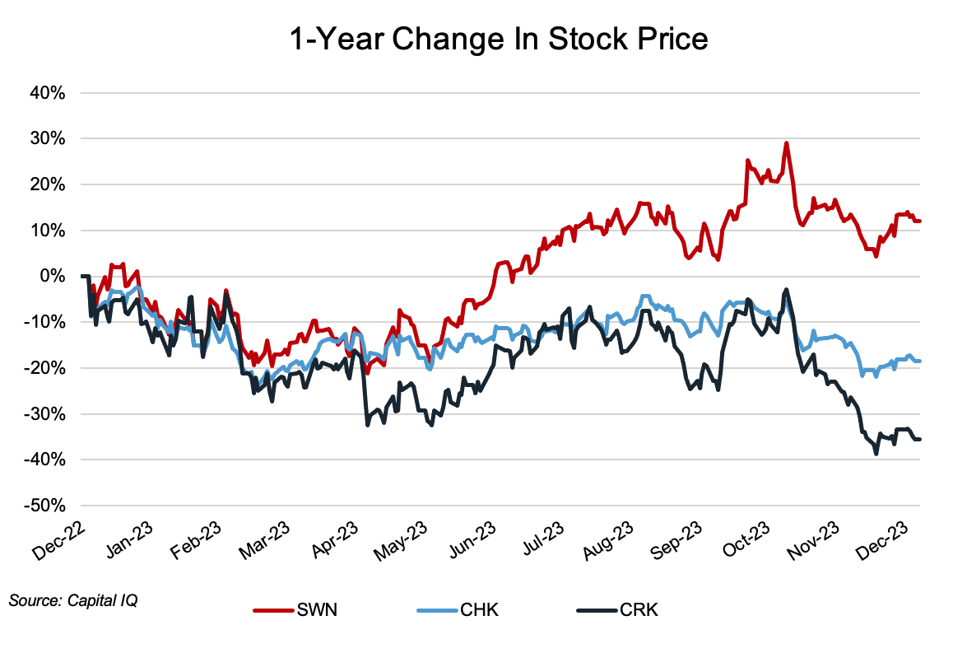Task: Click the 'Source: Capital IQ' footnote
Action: pyautogui.click(x=73, y=600)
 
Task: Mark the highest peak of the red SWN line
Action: pyautogui.click(x=787, y=143)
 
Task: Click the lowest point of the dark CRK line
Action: pyautogui.click(x=876, y=453)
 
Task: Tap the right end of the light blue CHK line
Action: pyautogui.click(x=919, y=361)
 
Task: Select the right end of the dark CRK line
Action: pyautogui.click(x=919, y=439)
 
